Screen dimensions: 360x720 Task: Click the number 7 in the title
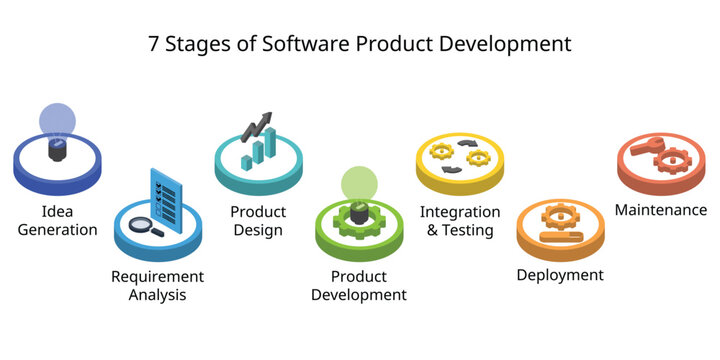(154, 44)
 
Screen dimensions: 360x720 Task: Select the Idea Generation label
(56, 220)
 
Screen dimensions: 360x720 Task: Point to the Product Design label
(258, 221)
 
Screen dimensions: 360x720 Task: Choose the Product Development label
(358, 285)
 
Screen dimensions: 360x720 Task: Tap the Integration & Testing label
(459, 221)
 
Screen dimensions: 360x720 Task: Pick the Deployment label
(560, 274)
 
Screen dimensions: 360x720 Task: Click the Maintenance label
(661, 210)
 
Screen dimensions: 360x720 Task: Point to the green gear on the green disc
(359, 217)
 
